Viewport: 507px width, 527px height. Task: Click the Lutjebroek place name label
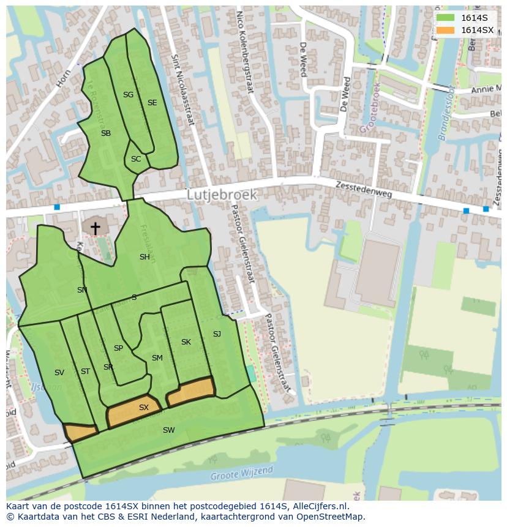click(x=222, y=194)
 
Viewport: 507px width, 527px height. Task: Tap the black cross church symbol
click(x=95, y=228)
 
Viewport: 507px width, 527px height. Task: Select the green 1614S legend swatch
click(x=445, y=18)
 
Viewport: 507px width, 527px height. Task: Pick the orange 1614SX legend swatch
click(x=445, y=30)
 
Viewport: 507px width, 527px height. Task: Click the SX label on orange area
click(x=144, y=407)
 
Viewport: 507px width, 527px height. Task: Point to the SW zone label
click(x=168, y=430)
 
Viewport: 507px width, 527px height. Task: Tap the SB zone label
click(x=106, y=133)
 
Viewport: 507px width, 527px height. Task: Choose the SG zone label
click(x=128, y=95)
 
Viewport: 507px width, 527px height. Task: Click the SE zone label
click(x=152, y=103)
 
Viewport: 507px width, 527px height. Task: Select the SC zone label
click(x=136, y=159)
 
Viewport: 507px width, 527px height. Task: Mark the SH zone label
click(x=145, y=257)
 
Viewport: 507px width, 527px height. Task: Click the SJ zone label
click(x=217, y=334)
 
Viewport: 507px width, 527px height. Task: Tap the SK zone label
click(x=186, y=342)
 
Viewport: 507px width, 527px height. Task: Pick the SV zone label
click(x=59, y=373)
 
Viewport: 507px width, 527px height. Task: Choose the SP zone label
click(x=118, y=348)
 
